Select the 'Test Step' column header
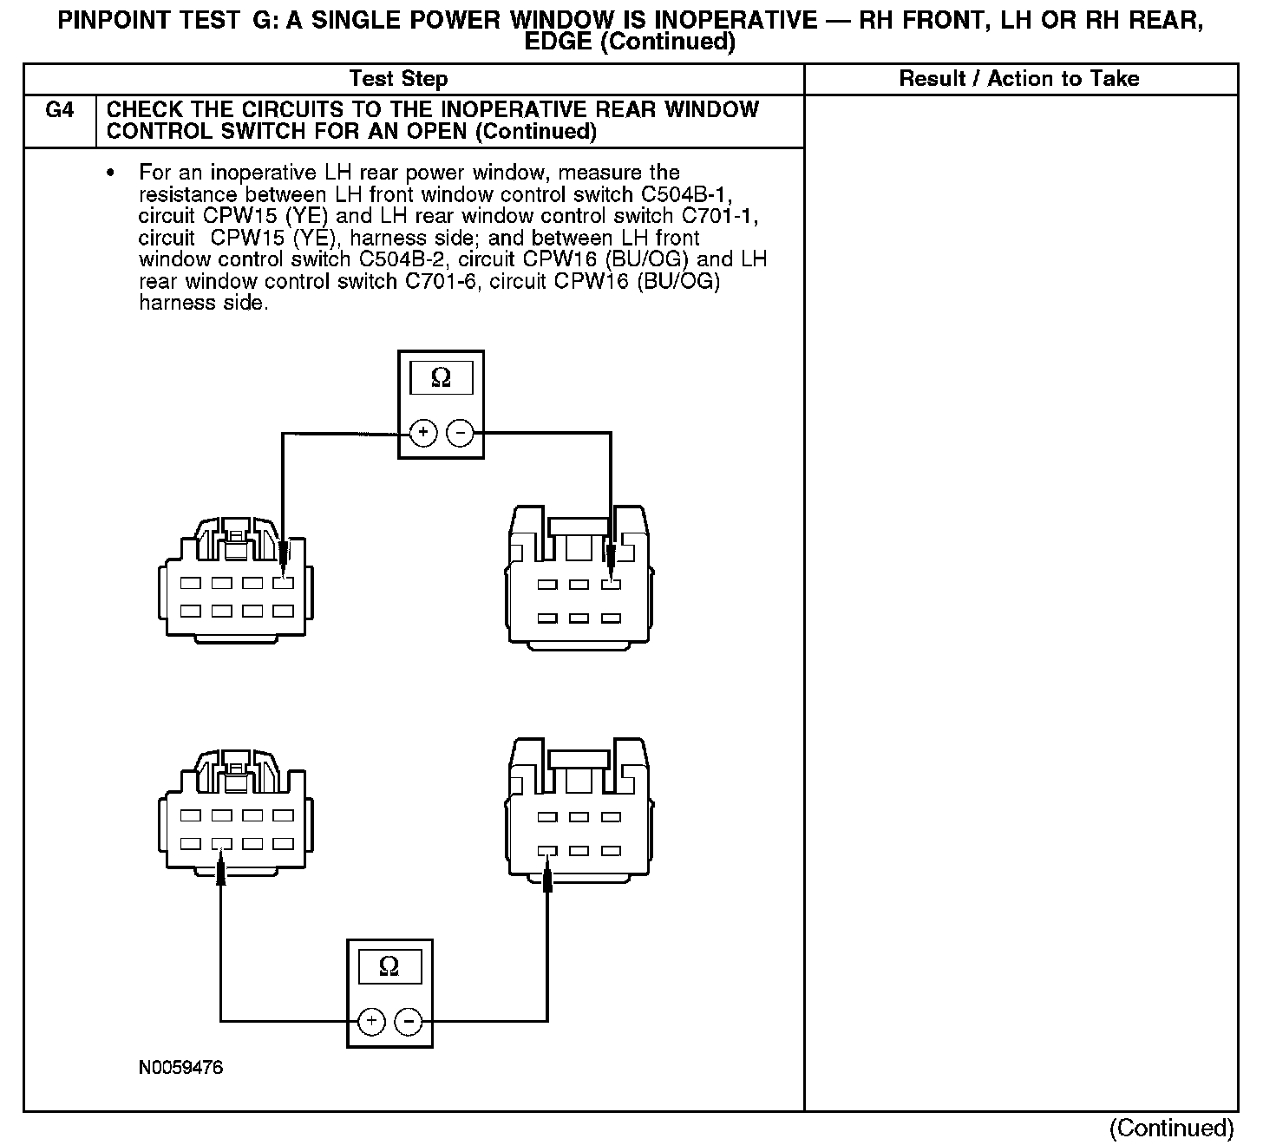pyautogui.click(x=398, y=79)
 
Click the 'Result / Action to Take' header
pyautogui.click(x=1018, y=79)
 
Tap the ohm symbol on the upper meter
pyautogui.click(x=441, y=378)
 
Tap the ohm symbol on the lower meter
pyautogui.click(x=389, y=966)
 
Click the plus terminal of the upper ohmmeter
pyautogui.click(x=422, y=432)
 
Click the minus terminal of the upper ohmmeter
pyautogui.click(x=460, y=432)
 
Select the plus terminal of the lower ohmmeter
pyautogui.click(x=371, y=1022)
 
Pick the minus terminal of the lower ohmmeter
pyautogui.click(x=409, y=1022)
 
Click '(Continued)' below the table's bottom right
pyautogui.click(x=1171, y=1128)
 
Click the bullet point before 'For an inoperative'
pyautogui.click(x=110, y=173)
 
